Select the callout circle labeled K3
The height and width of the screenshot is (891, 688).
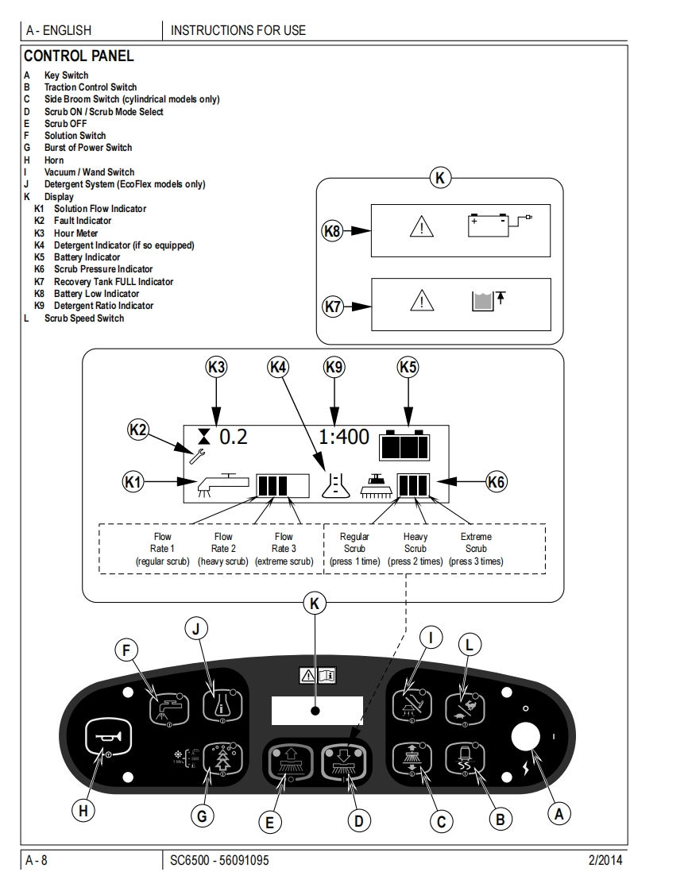click(x=216, y=367)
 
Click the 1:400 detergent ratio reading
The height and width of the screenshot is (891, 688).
click(x=344, y=437)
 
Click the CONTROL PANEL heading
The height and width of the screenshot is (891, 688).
click(x=79, y=56)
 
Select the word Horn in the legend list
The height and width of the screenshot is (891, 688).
click(x=54, y=160)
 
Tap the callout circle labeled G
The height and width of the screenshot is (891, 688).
click(x=203, y=815)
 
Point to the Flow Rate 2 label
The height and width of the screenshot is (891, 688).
click(x=223, y=549)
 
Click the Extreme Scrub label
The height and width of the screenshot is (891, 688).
click(x=476, y=549)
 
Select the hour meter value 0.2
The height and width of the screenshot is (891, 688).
click(x=234, y=437)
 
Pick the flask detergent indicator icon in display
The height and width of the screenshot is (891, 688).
click(x=335, y=484)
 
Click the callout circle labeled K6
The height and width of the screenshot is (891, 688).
click(x=497, y=480)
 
